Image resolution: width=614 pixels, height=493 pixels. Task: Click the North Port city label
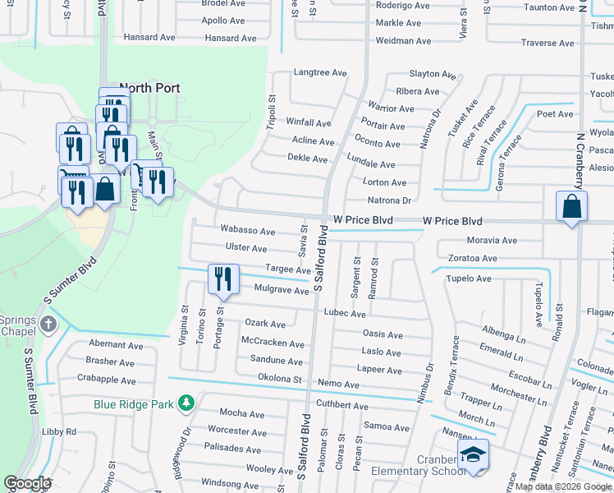[149, 88]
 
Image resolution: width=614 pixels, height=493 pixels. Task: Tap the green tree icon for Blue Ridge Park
[187, 403]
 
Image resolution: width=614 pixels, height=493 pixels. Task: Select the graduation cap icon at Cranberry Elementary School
[473, 455]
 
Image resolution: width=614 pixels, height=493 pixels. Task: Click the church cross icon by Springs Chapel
[48, 324]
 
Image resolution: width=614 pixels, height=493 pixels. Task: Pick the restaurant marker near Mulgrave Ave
[223, 279]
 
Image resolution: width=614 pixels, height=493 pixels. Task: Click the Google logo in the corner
[28, 483]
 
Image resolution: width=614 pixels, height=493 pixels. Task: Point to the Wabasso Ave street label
[241, 230]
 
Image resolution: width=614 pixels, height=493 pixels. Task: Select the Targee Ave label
[289, 270]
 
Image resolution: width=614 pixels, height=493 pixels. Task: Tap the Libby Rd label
[59, 431]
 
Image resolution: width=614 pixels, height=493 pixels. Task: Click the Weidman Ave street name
[403, 40]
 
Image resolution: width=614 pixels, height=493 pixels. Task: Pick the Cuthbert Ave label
[342, 405]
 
